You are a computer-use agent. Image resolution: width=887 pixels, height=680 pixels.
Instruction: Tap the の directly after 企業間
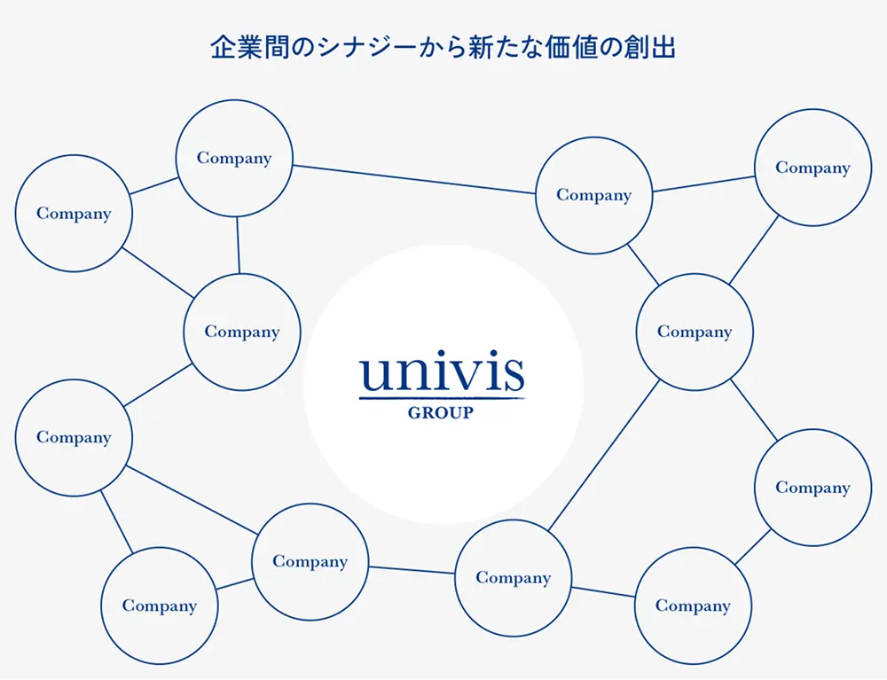pos(292,47)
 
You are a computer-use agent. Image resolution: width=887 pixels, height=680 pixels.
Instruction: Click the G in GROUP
pos(413,413)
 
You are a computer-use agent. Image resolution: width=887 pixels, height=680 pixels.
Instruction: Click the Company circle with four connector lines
pos(695,332)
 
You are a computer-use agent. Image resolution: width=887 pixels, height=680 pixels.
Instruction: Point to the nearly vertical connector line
pos(238,245)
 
